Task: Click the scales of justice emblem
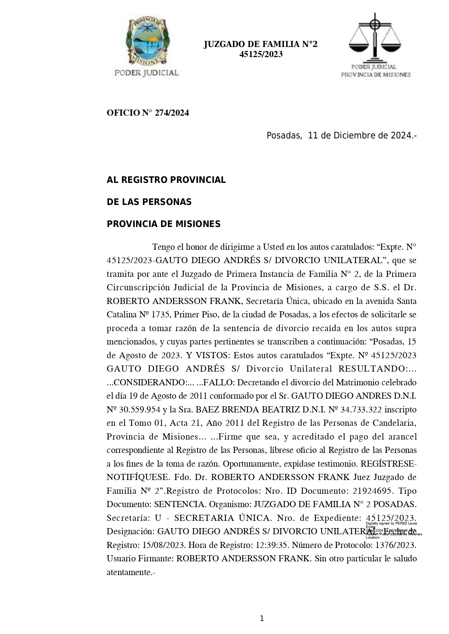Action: tap(375, 38)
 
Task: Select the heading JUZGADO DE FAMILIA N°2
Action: tap(260, 44)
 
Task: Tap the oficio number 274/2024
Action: tap(172, 113)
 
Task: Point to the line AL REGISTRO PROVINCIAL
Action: tap(166, 180)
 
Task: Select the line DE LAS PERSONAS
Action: tap(149, 202)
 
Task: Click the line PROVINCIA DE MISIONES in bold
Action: tap(164, 224)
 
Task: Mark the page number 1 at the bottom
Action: tap(262, 618)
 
